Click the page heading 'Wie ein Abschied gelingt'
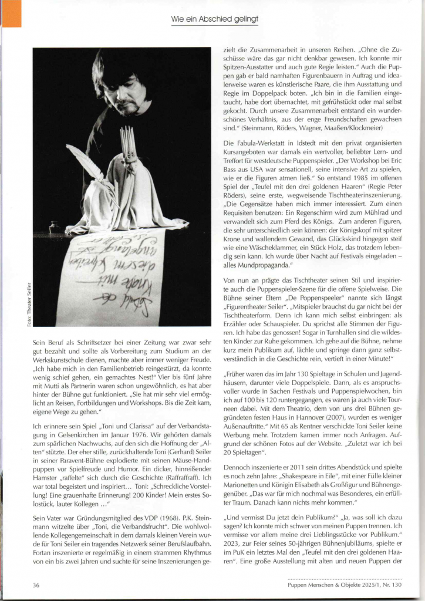tap(214, 20)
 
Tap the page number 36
tap(36, 585)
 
